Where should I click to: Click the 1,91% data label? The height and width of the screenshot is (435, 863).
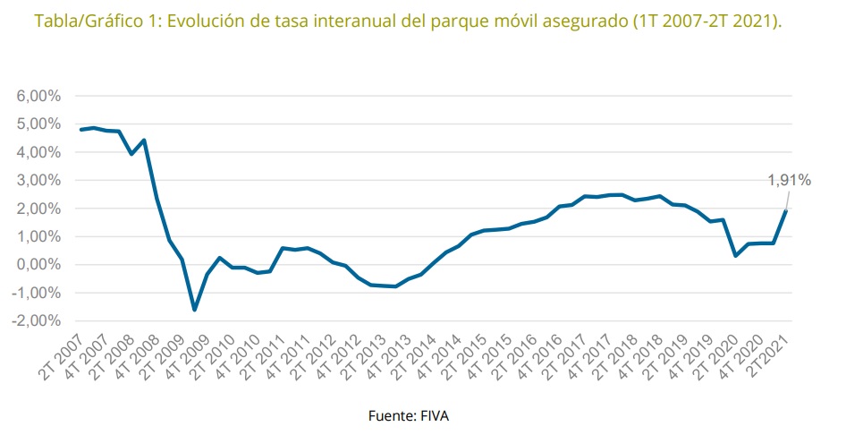789,181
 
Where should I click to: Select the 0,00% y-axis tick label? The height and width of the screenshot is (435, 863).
38,265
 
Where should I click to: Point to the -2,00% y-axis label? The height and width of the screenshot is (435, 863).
37,320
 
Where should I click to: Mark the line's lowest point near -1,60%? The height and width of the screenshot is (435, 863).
194,310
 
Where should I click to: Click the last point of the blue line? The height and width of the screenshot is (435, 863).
786,210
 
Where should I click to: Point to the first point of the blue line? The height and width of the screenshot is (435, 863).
80,130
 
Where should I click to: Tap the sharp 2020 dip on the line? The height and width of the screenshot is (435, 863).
735,256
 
